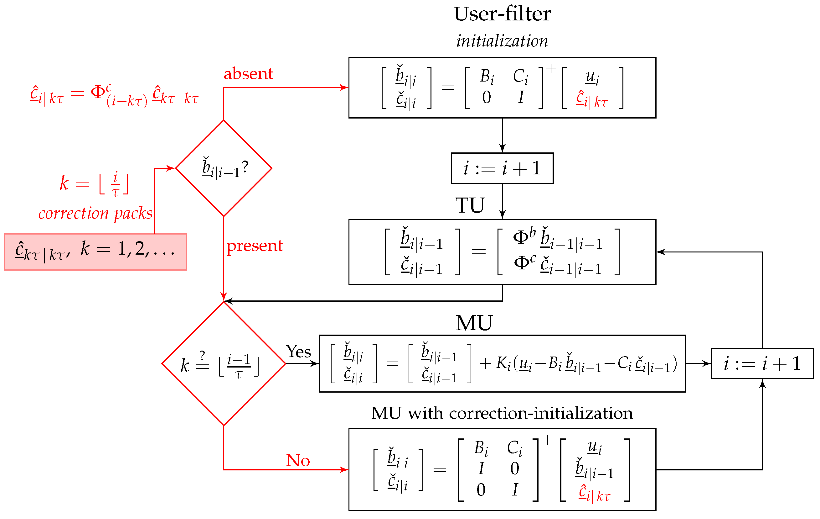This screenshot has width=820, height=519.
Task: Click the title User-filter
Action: click(502, 14)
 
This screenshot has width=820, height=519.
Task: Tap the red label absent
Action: click(248, 74)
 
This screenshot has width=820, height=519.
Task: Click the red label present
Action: click(254, 246)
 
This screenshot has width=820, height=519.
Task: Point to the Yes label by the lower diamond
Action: click(298, 352)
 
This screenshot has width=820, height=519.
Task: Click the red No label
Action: click(298, 460)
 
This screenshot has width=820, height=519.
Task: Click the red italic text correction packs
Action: click(95, 214)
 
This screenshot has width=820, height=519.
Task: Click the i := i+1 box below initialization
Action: click(502, 168)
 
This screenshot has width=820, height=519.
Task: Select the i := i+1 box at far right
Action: click(762, 363)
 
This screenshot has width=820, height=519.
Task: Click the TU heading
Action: click(470, 205)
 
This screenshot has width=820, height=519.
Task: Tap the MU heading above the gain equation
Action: click(474, 323)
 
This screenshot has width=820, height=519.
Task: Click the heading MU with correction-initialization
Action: click(502, 413)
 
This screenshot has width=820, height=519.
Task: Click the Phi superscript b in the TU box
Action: click(524, 236)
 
